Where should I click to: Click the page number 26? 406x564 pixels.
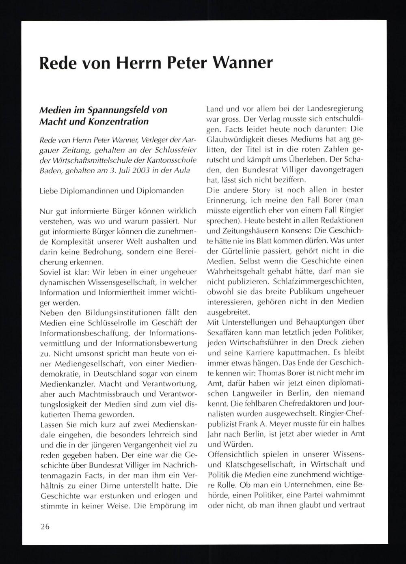click(x=45, y=527)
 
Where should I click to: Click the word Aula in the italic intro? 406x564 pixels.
click(x=181, y=170)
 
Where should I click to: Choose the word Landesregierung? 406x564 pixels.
click(x=335, y=109)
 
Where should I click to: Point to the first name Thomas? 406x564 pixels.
click(x=271, y=372)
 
